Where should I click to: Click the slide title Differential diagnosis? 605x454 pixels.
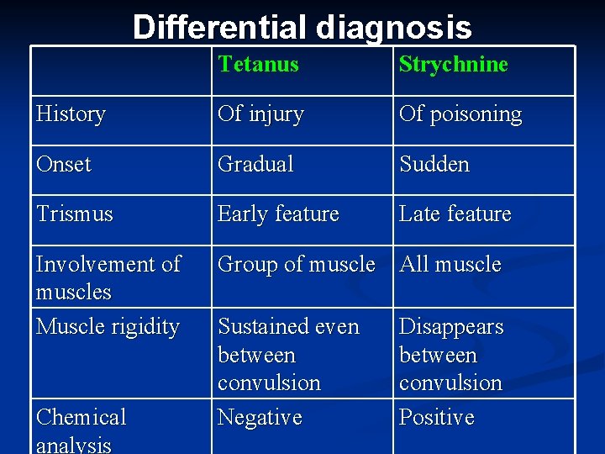tap(302, 28)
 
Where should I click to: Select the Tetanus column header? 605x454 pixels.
tap(258, 64)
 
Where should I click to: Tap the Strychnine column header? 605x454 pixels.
tap(453, 65)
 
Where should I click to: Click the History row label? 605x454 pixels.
tap(71, 114)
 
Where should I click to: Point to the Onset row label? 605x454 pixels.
tap(63, 164)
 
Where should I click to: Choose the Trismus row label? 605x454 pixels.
tap(74, 214)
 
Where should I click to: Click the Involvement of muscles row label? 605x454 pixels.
tap(108, 277)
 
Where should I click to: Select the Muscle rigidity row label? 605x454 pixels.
tap(108, 326)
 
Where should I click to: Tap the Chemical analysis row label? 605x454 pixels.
tap(81, 430)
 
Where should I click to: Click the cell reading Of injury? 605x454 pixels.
tap(260, 114)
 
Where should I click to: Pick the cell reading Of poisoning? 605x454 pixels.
tap(460, 114)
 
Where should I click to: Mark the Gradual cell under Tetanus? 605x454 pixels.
tap(255, 164)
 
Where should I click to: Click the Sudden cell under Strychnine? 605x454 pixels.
tap(434, 164)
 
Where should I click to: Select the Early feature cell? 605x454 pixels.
tap(278, 214)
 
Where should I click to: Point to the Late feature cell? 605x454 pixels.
tap(455, 214)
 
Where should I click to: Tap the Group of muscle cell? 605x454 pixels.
tap(296, 264)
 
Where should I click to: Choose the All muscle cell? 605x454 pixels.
tap(450, 264)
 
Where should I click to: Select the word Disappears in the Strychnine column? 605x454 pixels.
tap(451, 326)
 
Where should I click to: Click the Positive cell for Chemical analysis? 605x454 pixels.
tap(436, 417)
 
